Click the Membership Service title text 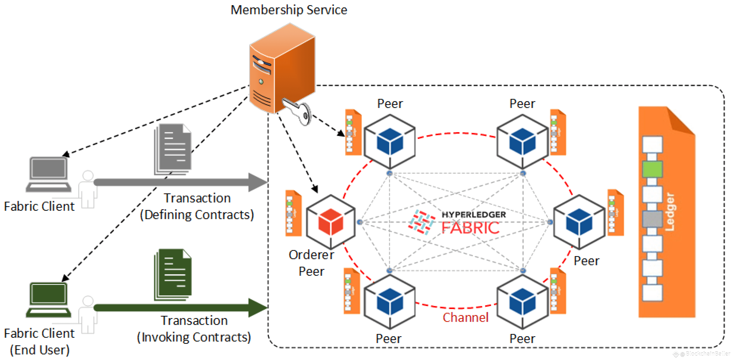(289, 10)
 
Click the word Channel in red (465, 317)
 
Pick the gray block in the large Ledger (652, 219)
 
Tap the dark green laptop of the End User (48, 300)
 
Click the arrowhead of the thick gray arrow (257, 182)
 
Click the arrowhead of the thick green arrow (257, 307)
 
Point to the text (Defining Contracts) (197, 215)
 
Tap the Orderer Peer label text (311, 263)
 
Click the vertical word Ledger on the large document (670, 212)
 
